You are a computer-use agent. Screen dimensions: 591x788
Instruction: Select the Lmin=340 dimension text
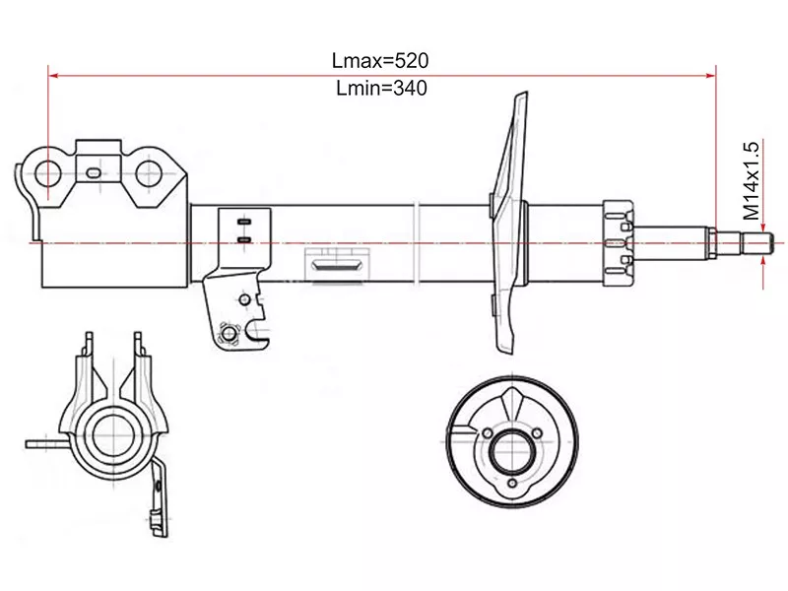(380, 88)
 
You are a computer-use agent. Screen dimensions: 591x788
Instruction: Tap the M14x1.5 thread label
(751, 180)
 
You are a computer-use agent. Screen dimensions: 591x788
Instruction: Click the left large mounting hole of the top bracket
(47, 174)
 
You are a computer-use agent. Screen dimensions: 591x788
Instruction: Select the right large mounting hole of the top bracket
(149, 174)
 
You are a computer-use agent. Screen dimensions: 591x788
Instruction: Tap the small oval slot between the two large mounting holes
(93, 173)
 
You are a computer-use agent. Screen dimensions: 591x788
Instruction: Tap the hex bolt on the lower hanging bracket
(230, 337)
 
